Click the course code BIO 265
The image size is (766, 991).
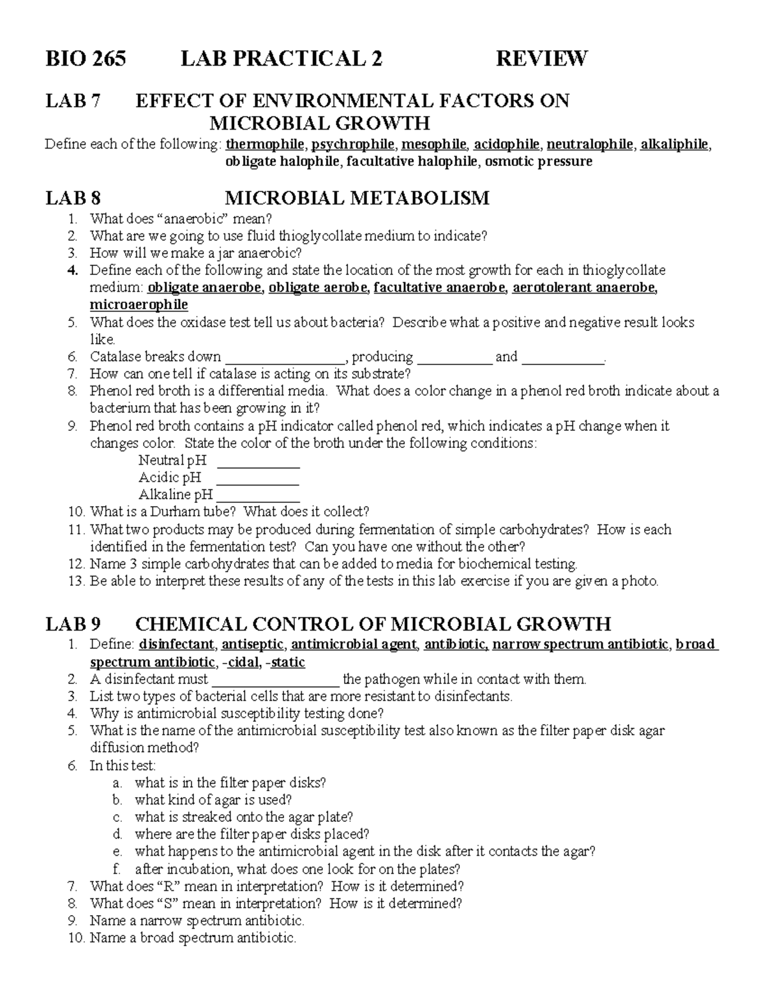(x=86, y=59)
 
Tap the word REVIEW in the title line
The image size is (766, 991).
(x=541, y=59)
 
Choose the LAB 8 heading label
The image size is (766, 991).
(x=73, y=198)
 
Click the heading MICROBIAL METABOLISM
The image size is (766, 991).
(x=357, y=198)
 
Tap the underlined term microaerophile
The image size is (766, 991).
(x=139, y=304)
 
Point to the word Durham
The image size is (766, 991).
(x=160, y=512)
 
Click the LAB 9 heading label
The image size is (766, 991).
(x=73, y=623)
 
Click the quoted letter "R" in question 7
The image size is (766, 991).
(x=165, y=886)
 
